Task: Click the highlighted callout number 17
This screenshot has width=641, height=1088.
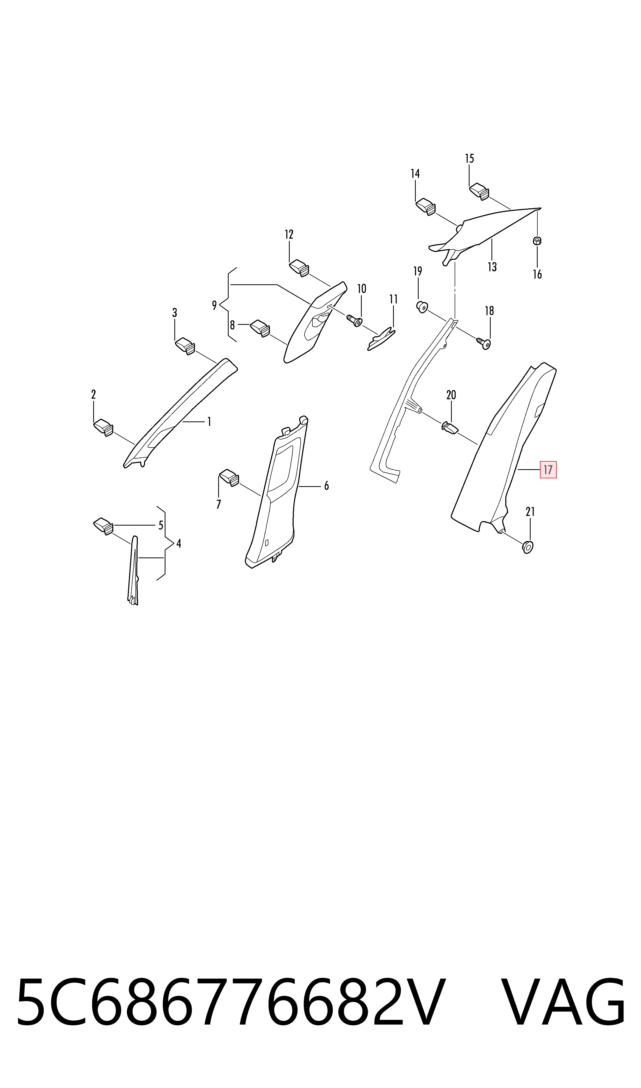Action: (548, 470)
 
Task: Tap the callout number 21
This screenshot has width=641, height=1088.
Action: (530, 512)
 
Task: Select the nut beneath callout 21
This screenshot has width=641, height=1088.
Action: (527, 547)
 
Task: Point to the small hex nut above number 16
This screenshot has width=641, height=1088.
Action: (537, 241)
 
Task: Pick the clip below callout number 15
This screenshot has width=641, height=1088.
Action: (479, 191)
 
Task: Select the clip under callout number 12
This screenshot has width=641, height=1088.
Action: (299, 267)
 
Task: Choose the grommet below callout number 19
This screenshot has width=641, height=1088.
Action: (422, 307)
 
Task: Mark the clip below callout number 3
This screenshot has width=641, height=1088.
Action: (185, 346)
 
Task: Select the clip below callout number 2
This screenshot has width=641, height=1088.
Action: (103, 427)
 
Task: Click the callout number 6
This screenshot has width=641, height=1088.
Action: (327, 486)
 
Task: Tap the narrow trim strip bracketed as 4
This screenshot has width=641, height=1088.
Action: (133, 570)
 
